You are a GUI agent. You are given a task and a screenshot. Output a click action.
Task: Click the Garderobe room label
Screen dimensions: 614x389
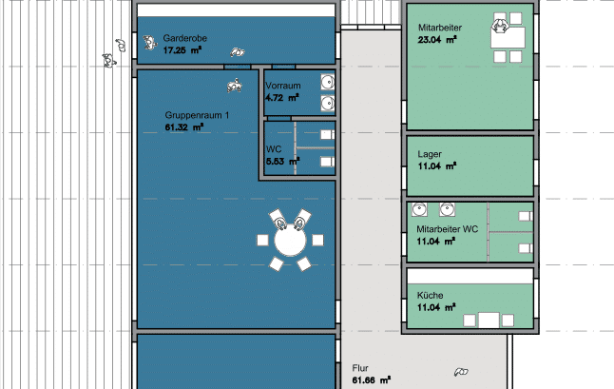[184, 38]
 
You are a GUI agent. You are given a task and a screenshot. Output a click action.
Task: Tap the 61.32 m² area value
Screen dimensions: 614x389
[184, 127]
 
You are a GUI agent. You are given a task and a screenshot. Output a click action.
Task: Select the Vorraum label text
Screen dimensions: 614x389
[283, 86]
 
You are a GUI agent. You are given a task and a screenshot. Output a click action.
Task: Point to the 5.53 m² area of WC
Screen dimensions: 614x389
[282, 161]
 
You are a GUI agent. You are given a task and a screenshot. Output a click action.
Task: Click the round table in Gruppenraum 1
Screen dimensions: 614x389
[290, 241]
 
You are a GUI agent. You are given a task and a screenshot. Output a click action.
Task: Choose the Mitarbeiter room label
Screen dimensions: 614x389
[440, 28]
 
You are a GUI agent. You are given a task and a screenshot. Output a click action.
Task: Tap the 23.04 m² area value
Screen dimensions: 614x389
[437, 40]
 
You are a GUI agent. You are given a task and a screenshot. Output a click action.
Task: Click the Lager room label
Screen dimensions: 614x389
[430, 154]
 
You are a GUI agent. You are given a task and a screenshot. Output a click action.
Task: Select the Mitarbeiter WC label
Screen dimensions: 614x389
[447, 229]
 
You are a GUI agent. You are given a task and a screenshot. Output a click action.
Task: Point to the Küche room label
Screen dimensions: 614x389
[430, 296]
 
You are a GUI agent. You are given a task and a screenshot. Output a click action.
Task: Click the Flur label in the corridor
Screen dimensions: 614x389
[360, 368]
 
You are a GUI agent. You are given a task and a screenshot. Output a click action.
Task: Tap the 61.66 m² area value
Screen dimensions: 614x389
[372, 380]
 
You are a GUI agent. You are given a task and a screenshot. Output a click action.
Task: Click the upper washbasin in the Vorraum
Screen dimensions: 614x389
[328, 82]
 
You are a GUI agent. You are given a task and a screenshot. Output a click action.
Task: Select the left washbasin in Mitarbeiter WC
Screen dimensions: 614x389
[419, 209]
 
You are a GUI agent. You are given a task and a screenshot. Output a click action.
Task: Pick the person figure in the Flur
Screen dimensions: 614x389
[461, 372]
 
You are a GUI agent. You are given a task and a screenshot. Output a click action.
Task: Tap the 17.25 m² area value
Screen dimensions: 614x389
[182, 50]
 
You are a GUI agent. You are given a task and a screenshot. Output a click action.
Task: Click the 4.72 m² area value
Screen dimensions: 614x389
[282, 98]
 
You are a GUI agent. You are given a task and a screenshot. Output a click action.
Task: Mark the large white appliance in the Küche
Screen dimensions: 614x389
[489, 321]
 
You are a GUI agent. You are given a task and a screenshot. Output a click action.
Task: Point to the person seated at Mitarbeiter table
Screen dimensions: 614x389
[500, 27]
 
